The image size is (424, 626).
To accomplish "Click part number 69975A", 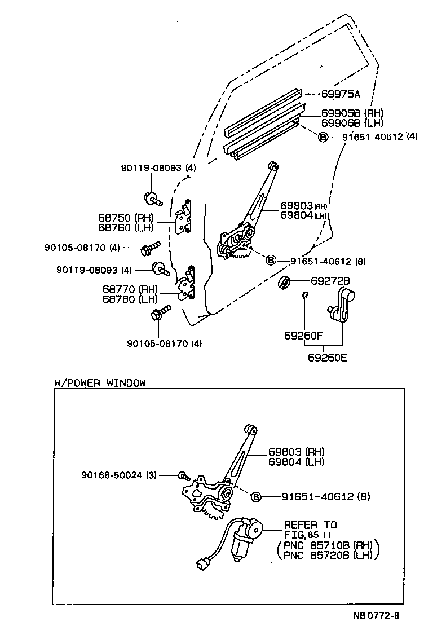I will (341, 94).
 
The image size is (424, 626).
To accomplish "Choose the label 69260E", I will (328, 356).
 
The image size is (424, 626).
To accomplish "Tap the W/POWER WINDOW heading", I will (100, 382).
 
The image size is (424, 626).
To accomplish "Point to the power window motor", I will (244, 538).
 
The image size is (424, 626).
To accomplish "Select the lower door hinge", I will (185, 285).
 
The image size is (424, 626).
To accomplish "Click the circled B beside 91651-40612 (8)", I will (255, 497).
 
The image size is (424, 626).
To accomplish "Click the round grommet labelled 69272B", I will (285, 282).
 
